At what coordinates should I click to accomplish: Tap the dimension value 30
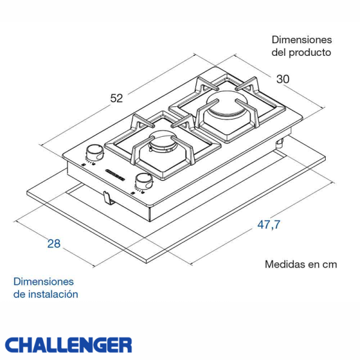tap(283, 79)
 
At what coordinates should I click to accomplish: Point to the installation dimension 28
tap(53, 244)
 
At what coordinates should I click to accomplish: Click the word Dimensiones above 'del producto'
tap(301, 40)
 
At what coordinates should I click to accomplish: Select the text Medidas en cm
tap(301, 264)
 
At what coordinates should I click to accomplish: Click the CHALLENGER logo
tap(68, 345)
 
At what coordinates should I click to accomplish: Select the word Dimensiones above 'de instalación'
tap(43, 281)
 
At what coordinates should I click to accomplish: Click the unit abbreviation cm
tap(329, 264)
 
